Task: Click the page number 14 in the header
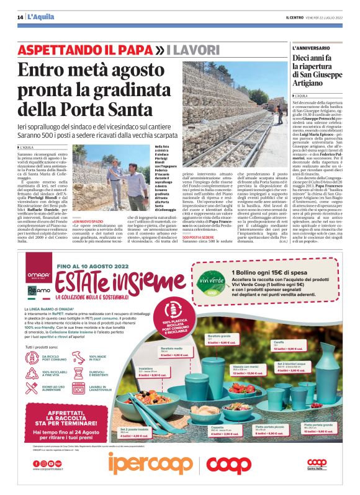[x=20, y=17]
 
